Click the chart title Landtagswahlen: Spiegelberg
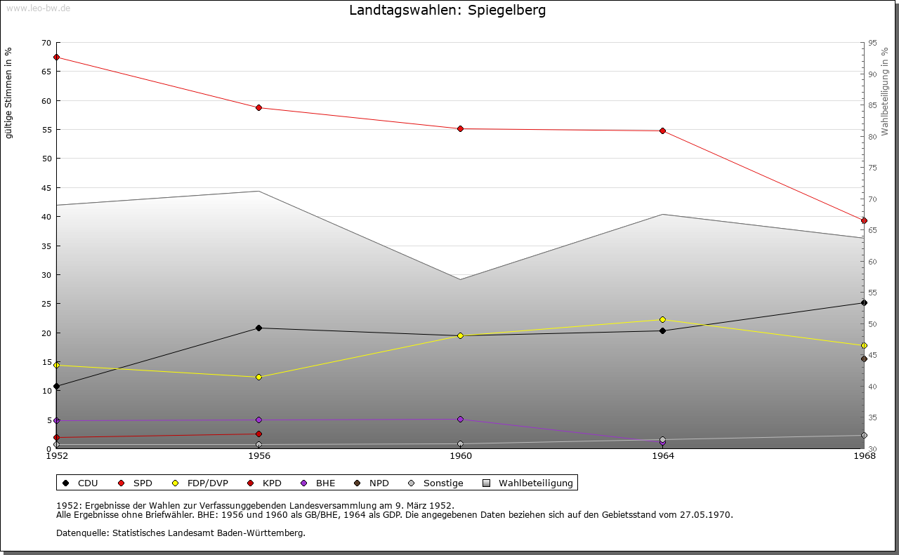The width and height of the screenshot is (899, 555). [447, 11]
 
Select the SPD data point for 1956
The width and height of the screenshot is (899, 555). [258, 107]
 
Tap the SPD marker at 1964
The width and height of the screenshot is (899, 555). [662, 131]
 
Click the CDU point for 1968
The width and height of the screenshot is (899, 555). [864, 302]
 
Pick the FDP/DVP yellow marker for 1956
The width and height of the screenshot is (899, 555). [258, 377]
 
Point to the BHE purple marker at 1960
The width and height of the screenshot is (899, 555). [461, 419]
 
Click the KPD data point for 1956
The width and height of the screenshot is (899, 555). [258, 434]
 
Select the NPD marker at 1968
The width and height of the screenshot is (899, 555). [864, 359]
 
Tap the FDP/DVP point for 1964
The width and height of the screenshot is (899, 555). [662, 319]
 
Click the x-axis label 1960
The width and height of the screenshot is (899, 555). [461, 456]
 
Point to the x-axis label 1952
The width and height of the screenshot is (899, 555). [56, 456]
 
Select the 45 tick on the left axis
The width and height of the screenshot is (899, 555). [46, 188]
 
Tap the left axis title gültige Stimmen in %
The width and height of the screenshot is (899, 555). [9, 93]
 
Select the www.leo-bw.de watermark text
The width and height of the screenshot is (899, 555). [37, 7]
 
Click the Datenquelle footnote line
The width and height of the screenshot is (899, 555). [181, 533]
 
